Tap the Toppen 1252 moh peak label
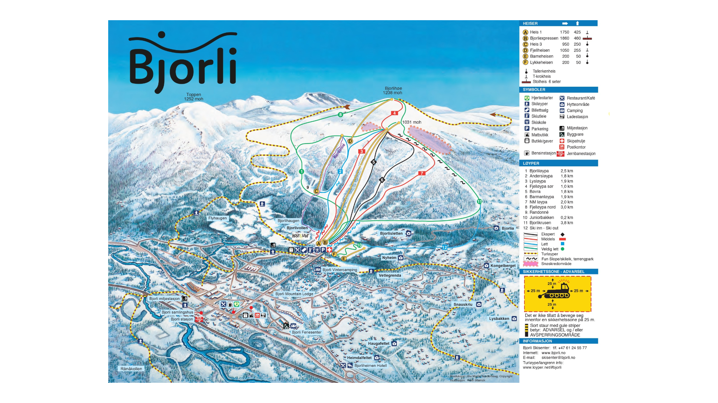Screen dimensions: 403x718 pyautogui.click(x=194, y=97)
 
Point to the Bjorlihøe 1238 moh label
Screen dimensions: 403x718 pyautogui.click(x=393, y=90)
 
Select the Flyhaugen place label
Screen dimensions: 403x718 pyautogui.click(x=217, y=218)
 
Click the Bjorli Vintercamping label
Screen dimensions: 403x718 pyautogui.click(x=340, y=270)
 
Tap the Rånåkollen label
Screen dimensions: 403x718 pyautogui.click(x=131, y=369)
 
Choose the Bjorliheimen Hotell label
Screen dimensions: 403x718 pyautogui.click(x=370, y=366)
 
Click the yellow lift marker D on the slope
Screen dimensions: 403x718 pyautogui.click(x=350, y=141)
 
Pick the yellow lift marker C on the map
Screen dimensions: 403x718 pyautogui.click(x=316, y=191)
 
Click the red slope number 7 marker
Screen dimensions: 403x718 pyautogui.click(x=422, y=173)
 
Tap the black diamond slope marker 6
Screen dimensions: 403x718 pyautogui.click(x=382, y=180)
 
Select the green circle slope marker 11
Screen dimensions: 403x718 pyautogui.click(x=479, y=201)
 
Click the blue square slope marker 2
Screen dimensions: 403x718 pyautogui.click(x=340, y=171)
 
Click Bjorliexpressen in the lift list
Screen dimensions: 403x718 pyautogui.click(x=544, y=38)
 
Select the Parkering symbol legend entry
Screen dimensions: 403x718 pyautogui.click(x=539, y=129)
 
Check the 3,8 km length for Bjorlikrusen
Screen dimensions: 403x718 pyautogui.click(x=566, y=223)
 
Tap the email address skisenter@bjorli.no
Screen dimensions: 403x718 pyautogui.click(x=558, y=357)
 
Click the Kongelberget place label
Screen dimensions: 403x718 pyautogui.click(x=503, y=266)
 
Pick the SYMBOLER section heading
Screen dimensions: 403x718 pyautogui.click(x=534, y=90)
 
